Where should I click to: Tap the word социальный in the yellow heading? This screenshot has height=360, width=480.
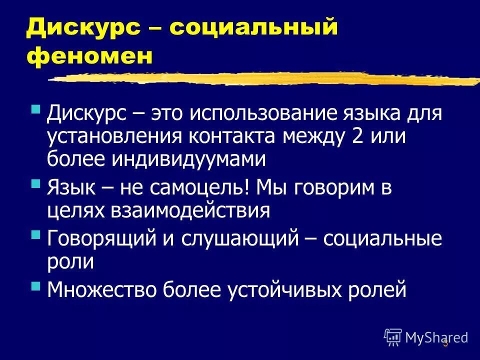pos(253,28)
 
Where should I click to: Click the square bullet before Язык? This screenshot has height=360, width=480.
pos(35,184)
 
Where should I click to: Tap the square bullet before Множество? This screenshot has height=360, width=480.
pos(35,285)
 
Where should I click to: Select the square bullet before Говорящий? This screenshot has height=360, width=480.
pos(35,234)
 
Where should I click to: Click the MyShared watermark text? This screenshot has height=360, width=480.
pos(436,337)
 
